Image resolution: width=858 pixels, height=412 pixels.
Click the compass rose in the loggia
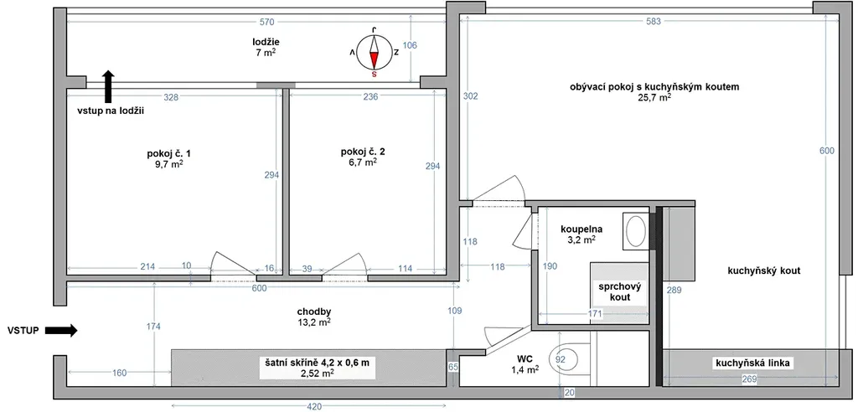pos(375,52)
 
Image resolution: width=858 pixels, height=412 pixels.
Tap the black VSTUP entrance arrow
pos(60,330)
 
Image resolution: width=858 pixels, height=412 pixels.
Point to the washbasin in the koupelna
pos(636,231)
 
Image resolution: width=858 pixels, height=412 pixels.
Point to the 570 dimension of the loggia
pos(267,22)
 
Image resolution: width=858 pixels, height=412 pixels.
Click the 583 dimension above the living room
pos(654,22)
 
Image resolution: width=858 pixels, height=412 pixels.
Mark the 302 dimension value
pos(470,96)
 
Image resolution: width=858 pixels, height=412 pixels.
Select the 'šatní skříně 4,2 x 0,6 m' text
pos(318,363)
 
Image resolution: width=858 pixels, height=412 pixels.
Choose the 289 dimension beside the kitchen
pos(674,291)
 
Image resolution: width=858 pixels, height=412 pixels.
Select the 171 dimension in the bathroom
pos(595,314)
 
